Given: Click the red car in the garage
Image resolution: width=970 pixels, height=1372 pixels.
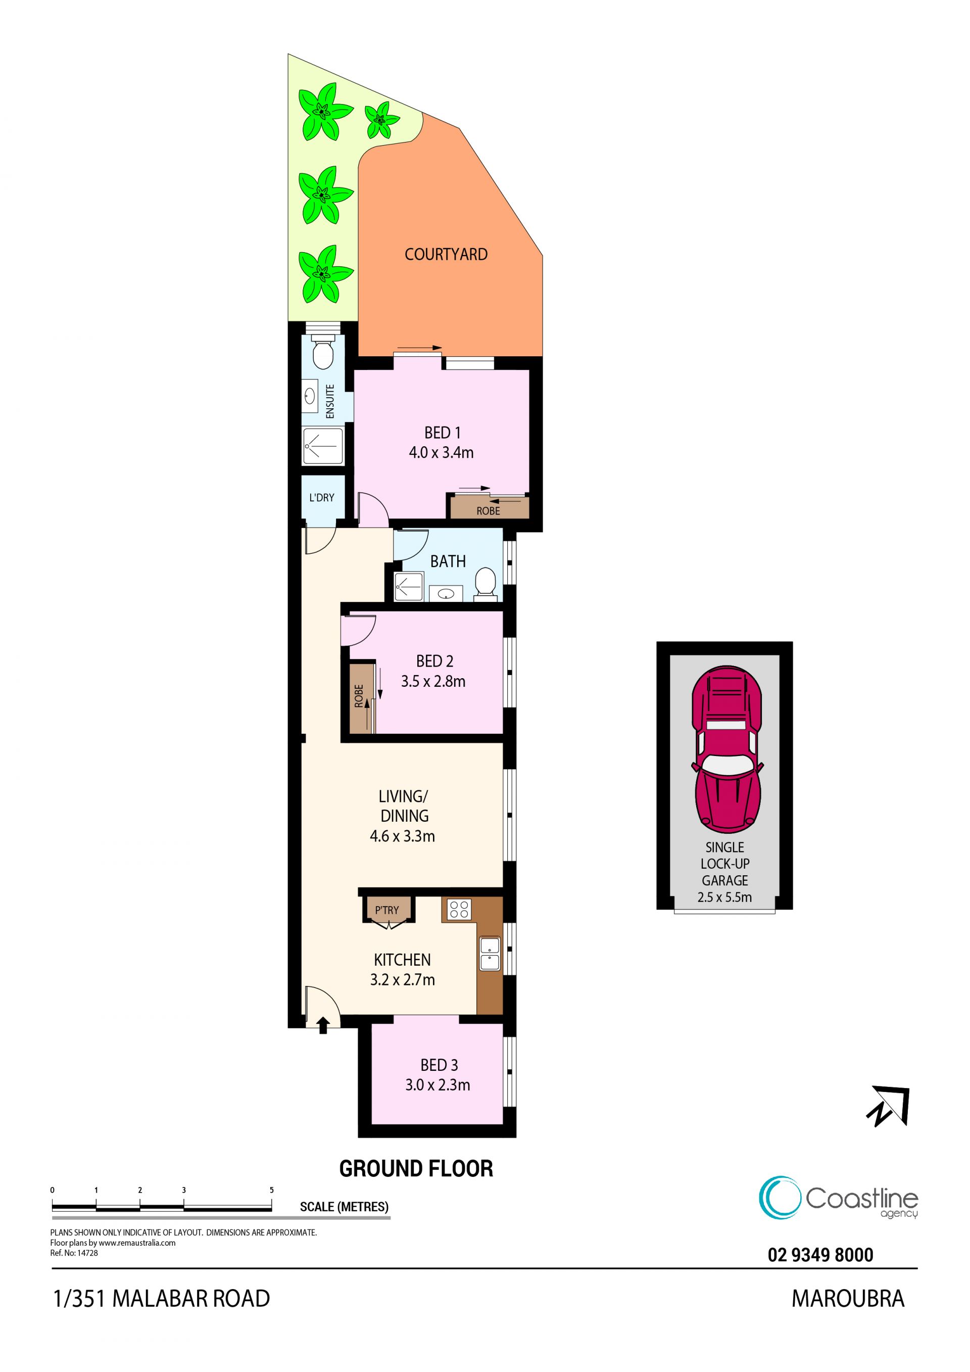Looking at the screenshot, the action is pyautogui.click(x=727, y=749).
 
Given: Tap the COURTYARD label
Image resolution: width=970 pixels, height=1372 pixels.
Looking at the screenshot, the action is pyautogui.click(x=446, y=255).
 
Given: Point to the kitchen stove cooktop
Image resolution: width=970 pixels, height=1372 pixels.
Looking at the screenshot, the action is pyautogui.click(x=459, y=910).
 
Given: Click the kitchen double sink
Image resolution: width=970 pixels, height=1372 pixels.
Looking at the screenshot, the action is pyautogui.click(x=490, y=953).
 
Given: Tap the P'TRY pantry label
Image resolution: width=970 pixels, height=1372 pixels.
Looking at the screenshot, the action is pyautogui.click(x=386, y=910).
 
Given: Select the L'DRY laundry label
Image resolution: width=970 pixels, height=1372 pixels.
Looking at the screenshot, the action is pyautogui.click(x=321, y=497).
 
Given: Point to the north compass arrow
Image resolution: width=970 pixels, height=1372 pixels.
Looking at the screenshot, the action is pyautogui.click(x=888, y=1107).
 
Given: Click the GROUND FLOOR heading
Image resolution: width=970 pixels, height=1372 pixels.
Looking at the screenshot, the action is pyautogui.click(x=416, y=1168).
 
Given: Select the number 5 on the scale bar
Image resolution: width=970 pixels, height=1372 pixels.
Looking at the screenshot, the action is pyautogui.click(x=272, y=1190).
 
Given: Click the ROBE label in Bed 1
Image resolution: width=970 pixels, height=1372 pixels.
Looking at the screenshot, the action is pyautogui.click(x=488, y=511).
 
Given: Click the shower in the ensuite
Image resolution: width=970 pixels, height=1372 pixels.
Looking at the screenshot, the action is pyautogui.click(x=322, y=446).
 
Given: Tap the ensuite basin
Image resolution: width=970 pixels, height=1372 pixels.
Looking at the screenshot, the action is pyautogui.click(x=309, y=396).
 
